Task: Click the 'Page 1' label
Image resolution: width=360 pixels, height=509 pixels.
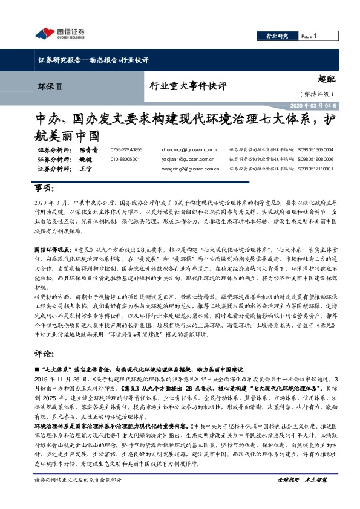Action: click(309, 36)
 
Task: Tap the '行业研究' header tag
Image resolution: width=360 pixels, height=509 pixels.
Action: click(277, 36)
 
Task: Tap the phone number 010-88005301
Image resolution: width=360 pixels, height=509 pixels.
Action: click(125, 158)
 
